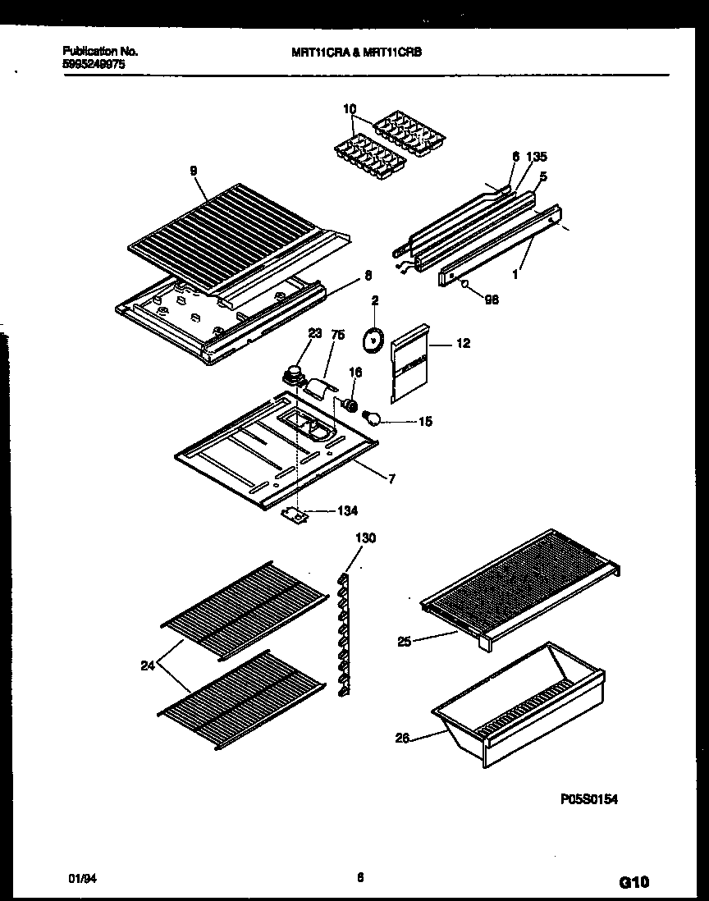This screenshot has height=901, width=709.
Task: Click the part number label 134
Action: tap(346, 510)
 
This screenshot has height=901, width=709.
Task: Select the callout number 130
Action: tap(365, 538)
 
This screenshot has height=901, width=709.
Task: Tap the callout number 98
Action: tap(492, 300)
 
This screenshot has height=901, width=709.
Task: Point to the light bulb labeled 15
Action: tap(374, 420)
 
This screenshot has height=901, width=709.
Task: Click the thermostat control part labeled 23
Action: tap(291, 375)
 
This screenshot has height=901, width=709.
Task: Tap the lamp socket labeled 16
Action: tap(351, 404)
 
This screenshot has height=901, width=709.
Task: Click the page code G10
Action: tap(633, 883)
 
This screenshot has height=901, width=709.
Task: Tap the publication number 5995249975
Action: tap(93, 62)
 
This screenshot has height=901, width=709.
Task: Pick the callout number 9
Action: tap(193, 171)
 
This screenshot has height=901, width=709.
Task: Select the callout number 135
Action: tap(537, 157)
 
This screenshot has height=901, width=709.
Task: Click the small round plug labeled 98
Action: tap(465, 286)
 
